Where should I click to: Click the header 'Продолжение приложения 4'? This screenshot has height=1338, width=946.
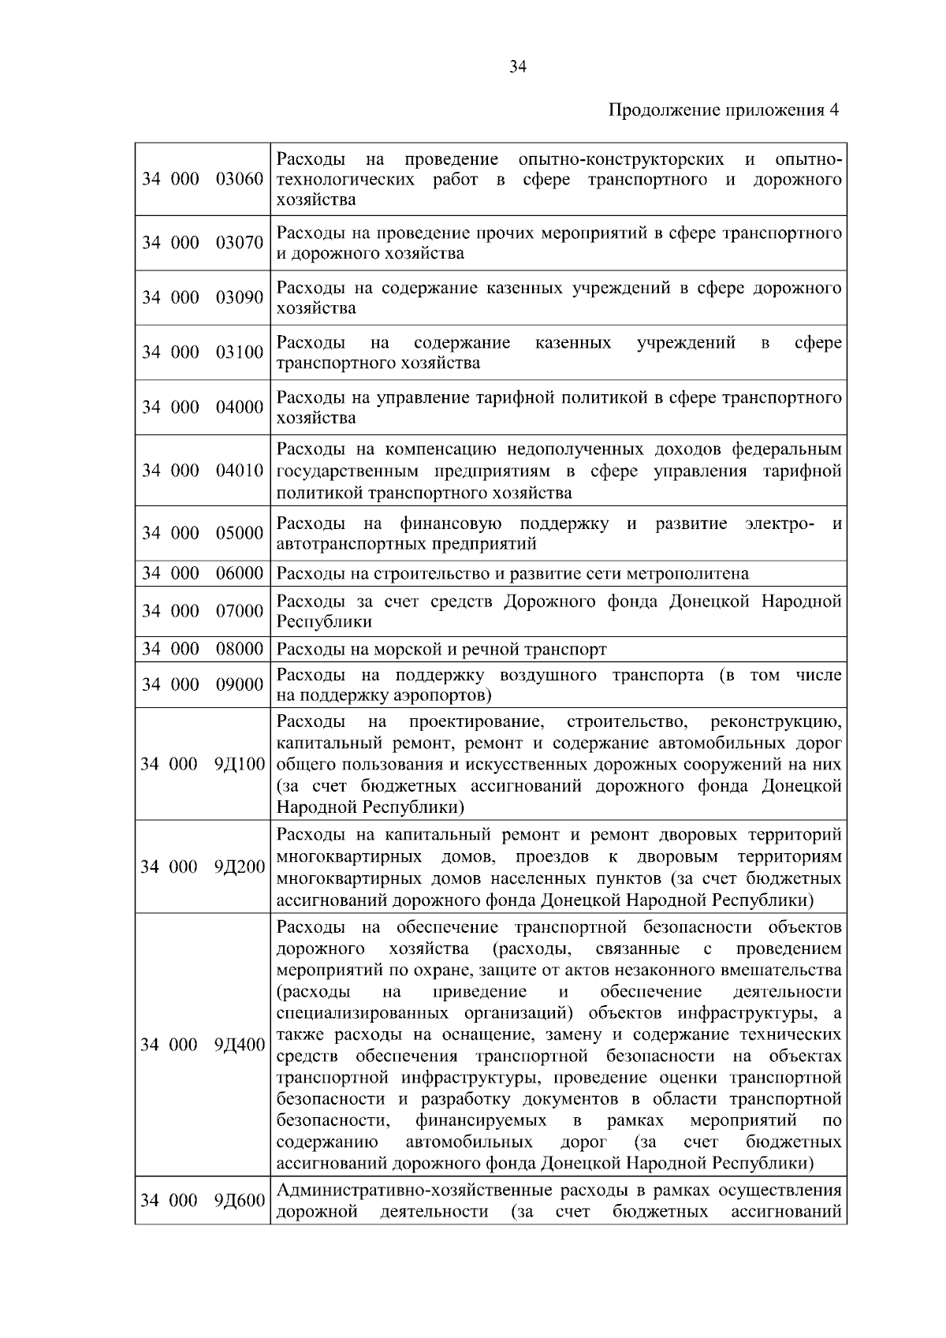coord(724,110)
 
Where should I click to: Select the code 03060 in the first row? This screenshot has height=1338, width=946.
coord(240,179)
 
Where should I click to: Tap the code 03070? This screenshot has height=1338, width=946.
coord(240,243)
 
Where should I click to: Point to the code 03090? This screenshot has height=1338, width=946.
coord(240,297)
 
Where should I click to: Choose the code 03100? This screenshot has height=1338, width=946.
coord(240,352)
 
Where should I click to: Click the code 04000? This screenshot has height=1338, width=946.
coord(240,408)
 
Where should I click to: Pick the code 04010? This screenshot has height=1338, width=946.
coord(240,471)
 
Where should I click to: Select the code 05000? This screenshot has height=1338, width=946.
coord(240,534)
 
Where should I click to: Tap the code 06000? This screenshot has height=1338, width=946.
coord(240,574)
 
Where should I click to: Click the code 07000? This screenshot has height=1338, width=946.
coord(240,612)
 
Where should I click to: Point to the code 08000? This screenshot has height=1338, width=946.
coord(240,650)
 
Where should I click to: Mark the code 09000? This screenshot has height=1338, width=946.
coord(240,685)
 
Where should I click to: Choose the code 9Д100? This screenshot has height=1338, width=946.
coord(240,765)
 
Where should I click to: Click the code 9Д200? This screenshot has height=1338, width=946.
coord(240,867)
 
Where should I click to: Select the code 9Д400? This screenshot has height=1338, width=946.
coord(240,1045)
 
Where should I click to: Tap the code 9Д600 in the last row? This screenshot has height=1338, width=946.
coord(240,1201)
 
